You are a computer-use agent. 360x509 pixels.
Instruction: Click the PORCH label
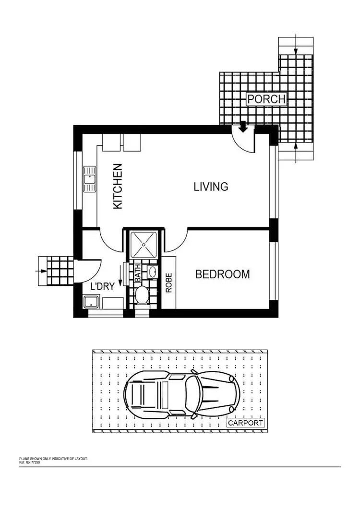point(266,99)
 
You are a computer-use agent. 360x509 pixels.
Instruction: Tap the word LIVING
point(211,187)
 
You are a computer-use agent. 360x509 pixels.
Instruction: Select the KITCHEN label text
point(118,187)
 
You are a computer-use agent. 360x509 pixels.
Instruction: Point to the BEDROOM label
point(222,274)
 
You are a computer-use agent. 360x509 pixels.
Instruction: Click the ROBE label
point(168,283)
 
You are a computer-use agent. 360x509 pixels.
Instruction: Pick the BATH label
point(138,272)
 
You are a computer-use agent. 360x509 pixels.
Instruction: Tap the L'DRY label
point(102,287)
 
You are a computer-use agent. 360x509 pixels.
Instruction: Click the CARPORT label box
point(245,423)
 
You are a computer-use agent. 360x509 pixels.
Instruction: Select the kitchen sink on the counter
point(89,179)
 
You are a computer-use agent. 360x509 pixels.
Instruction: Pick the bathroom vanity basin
point(153,272)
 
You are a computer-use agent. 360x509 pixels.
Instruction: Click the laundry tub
point(91,302)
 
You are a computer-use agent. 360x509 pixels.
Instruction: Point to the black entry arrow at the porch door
point(243,127)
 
